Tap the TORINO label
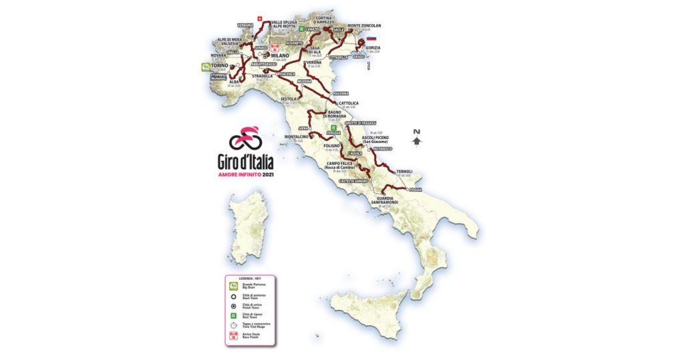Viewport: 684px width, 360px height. pyautogui.click(x=220, y=66)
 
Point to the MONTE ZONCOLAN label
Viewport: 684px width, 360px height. pyautogui.click(x=379, y=25)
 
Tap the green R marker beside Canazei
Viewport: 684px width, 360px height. pyautogui.click(x=302, y=30)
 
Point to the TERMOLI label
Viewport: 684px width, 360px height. pyautogui.click(x=404, y=172)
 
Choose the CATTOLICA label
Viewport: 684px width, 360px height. pyautogui.click(x=349, y=103)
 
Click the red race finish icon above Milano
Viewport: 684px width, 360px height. pyautogui.click(x=275, y=47)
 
